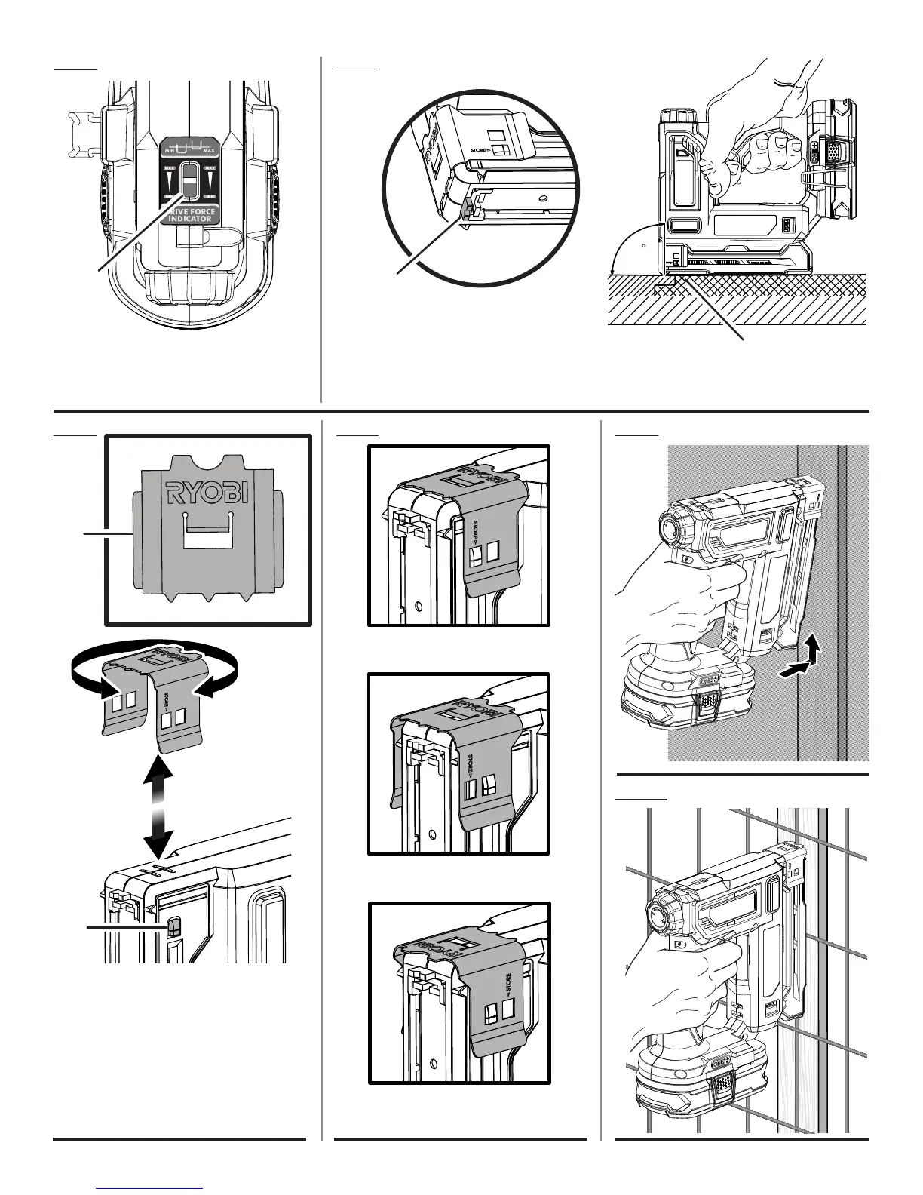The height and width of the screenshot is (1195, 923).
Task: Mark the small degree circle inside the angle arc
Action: click(x=642, y=244)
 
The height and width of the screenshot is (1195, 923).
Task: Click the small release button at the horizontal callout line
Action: click(x=173, y=927)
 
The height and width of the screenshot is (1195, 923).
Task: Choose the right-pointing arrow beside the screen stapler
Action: click(x=795, y=668)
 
